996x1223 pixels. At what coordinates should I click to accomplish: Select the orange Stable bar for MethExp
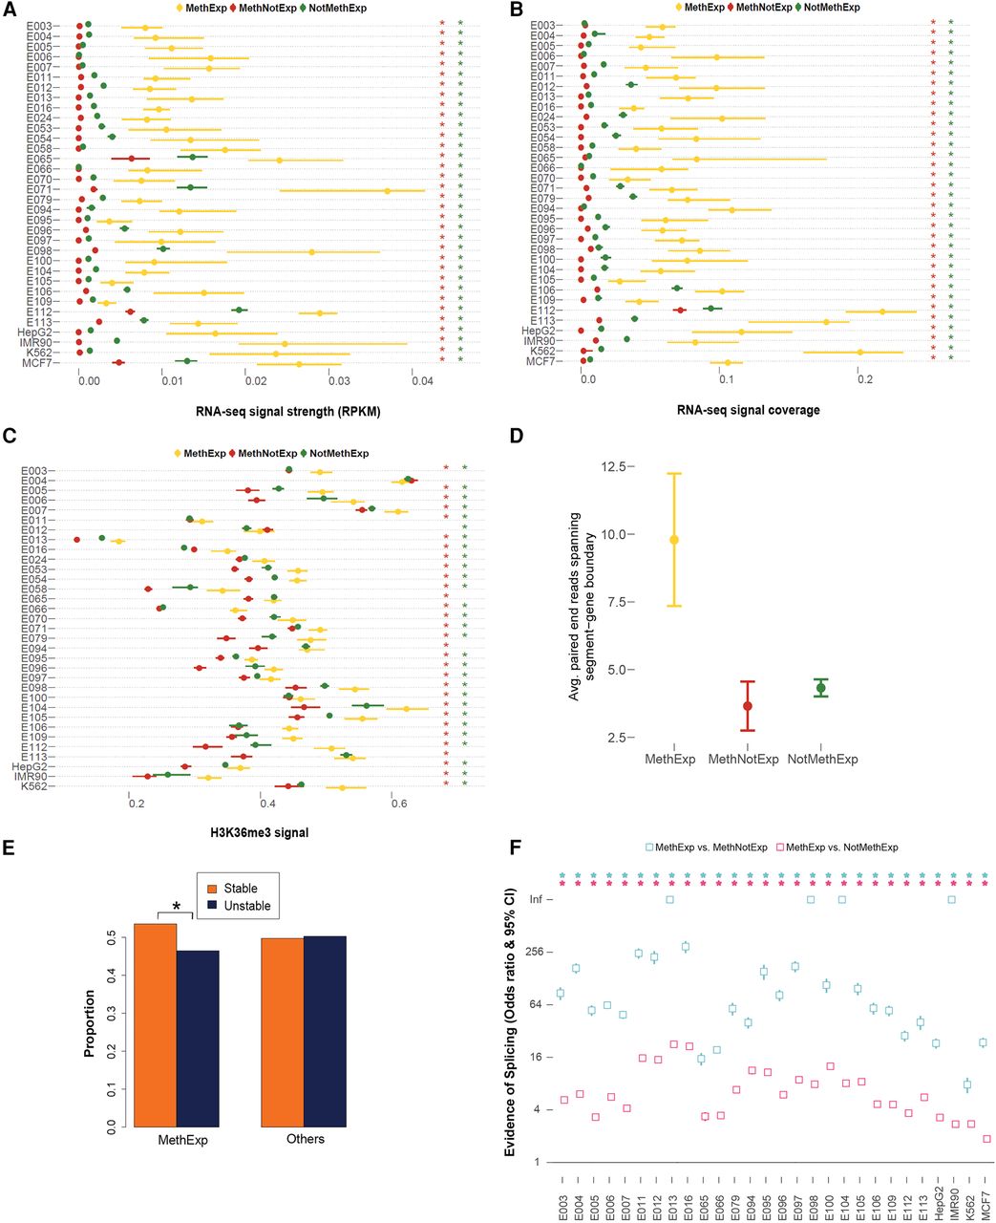[155, 1025]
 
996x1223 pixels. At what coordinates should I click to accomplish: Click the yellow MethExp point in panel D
[674, 540]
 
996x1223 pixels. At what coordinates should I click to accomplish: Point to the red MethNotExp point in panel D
[748, 706]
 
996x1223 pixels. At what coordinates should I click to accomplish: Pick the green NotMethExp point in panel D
[821, 688]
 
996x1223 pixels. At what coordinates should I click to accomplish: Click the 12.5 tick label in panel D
[614, 466]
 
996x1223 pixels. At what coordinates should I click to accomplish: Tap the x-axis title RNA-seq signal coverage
[748, 410]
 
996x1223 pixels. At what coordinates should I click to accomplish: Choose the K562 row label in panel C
[33, 786]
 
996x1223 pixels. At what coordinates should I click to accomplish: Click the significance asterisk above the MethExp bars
[177, 907]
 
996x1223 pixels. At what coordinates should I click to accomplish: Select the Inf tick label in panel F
[536, 898]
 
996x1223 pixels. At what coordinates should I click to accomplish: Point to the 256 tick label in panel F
[534, 952]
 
